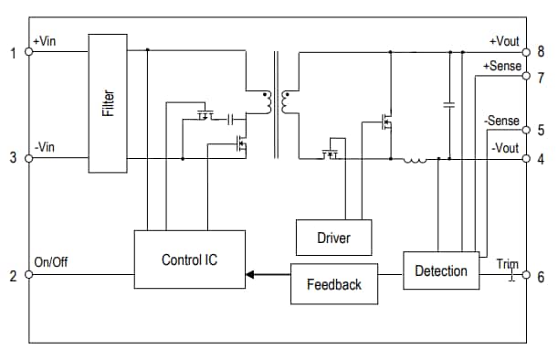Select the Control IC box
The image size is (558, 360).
coord(189,259)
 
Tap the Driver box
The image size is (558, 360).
coord(333,238)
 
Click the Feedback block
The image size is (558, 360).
coord(333,284)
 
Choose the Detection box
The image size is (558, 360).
coord(440,270)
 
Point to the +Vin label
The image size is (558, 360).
coord(46,41)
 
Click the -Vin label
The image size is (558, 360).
coord(45,146)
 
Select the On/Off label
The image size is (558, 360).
coord(50,262)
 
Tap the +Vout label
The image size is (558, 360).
coord(504,41)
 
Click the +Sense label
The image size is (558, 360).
coord(501,66)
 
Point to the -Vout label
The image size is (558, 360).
coord(505,146)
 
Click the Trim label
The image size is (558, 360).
coord(507,264)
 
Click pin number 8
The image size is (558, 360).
coord(541,52)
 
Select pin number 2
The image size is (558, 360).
coord(13,276)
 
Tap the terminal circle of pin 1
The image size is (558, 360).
coord(29,52)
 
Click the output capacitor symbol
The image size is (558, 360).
coord(448,105)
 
